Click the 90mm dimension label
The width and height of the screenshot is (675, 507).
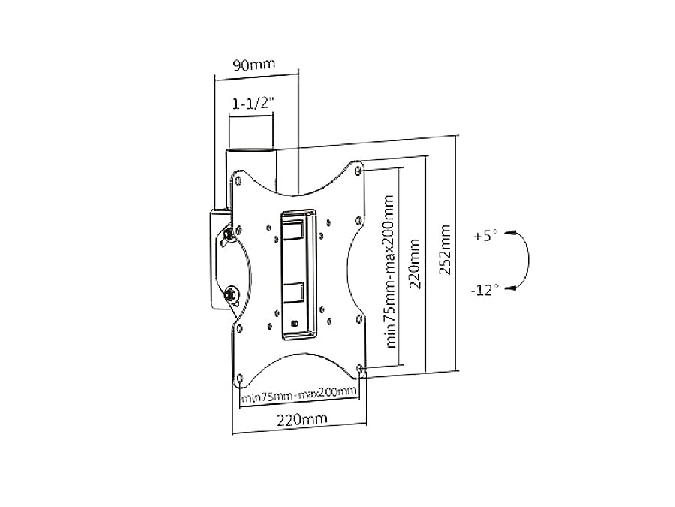(x=254, y=65)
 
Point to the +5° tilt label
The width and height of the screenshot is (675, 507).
(x=485, y=236)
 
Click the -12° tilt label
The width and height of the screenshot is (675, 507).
(x=486, y=289)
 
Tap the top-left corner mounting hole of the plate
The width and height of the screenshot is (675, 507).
(x=238, y=180)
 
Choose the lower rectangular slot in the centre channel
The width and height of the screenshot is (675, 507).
(x=293, y=293)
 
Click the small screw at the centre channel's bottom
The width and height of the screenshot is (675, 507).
(x=294, y=324)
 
